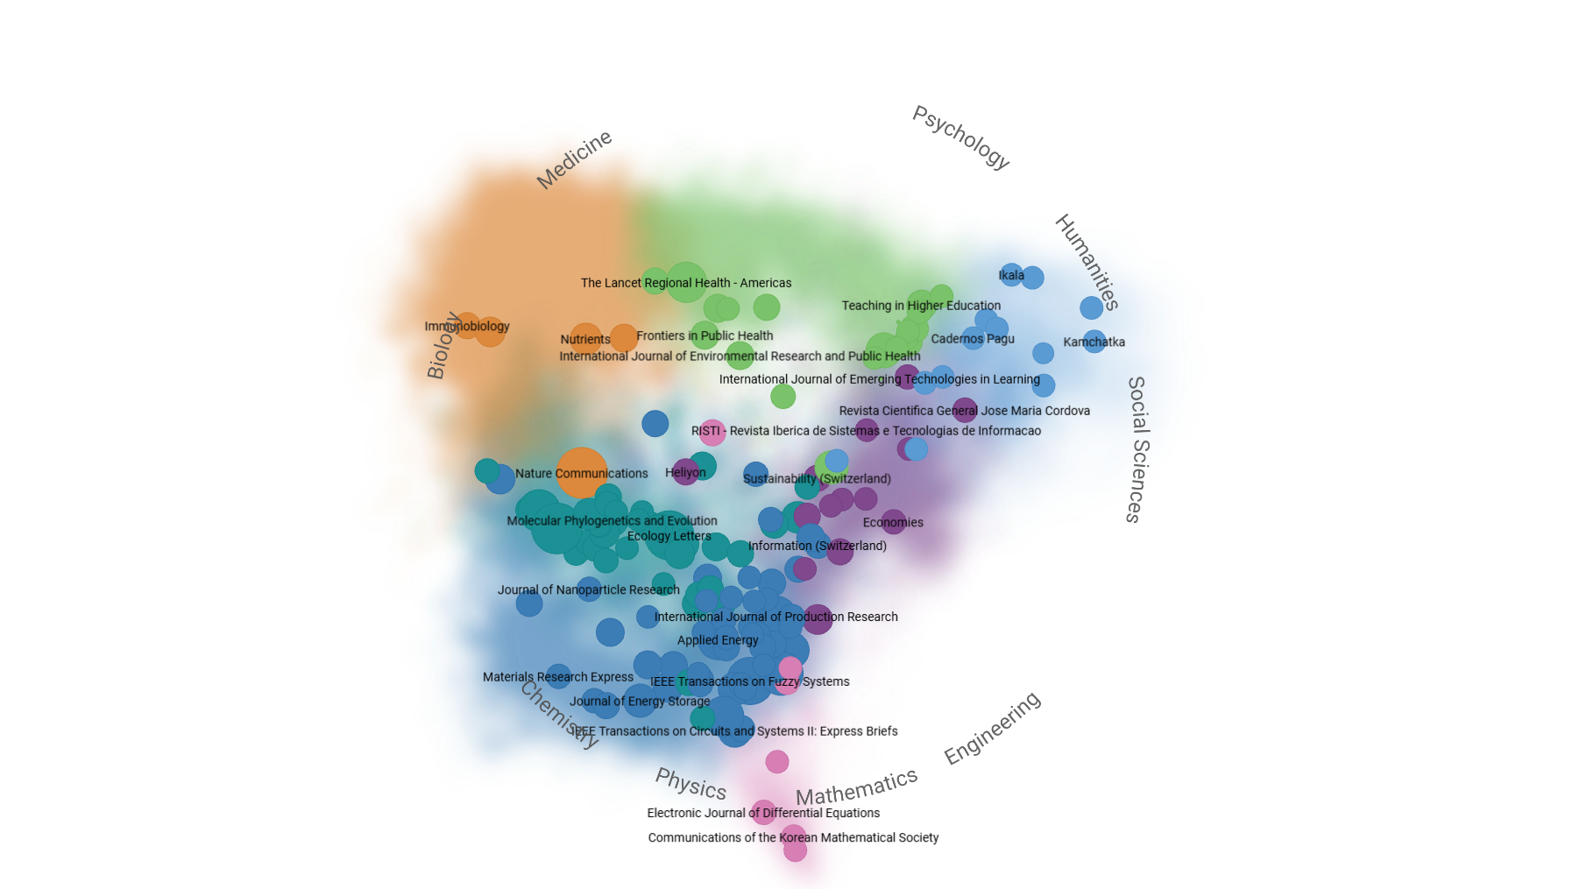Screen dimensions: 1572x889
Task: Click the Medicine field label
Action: point(574,159)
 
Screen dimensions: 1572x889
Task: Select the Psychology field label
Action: point(961,138)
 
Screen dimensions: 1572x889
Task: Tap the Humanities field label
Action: point(1087,262)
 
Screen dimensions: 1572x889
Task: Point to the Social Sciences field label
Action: point(1137,449)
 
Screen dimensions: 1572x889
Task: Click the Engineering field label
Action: point(992,727)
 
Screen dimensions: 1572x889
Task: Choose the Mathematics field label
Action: point(856,787)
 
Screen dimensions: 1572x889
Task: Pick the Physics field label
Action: point(691,784)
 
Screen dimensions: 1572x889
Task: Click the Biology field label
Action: point(443,345)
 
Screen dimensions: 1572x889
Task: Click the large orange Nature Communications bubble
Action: point(581,473)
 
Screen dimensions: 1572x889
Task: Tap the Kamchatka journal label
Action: point(1094,342)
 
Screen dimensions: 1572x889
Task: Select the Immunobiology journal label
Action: point(467,327)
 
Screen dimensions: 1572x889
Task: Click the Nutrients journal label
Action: point(585,340)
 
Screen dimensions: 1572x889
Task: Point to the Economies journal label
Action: point(893,523)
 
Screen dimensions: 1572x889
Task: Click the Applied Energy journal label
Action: point(718,640)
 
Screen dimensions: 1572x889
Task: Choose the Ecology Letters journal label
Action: point(669,536)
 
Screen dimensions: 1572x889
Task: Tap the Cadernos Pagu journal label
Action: point(973,339)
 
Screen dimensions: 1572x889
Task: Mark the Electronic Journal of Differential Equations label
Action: point(763,813)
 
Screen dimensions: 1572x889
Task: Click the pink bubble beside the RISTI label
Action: point(712,432)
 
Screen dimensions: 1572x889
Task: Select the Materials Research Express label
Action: point(558,677)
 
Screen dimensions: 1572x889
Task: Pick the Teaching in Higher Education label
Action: point(921,306)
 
